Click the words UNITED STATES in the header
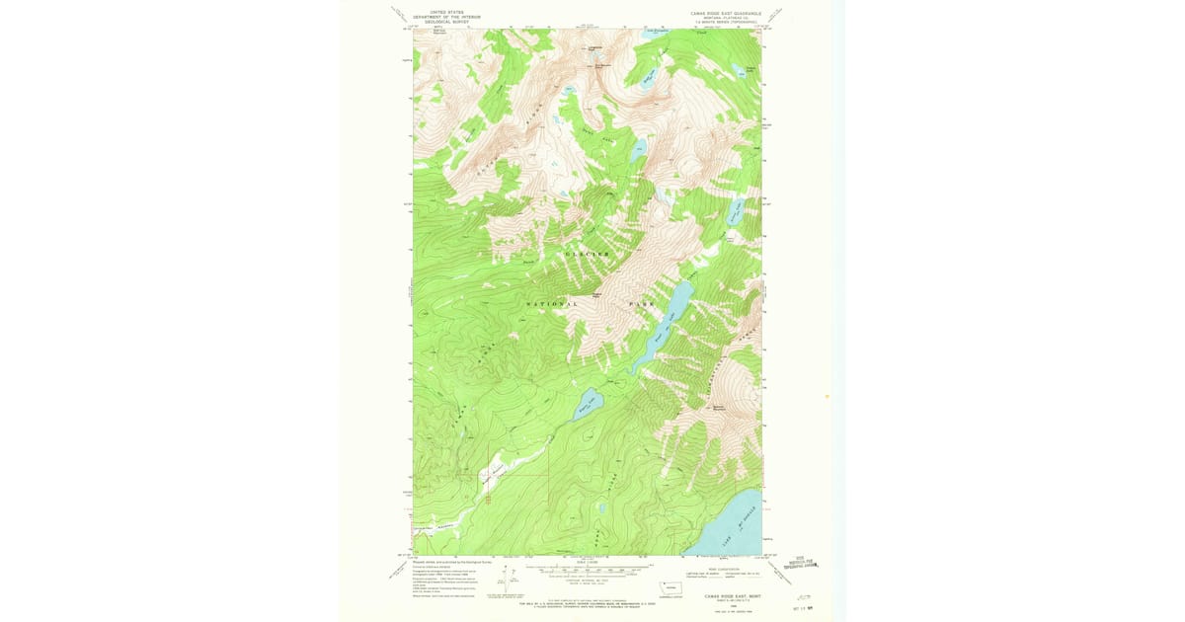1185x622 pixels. (x=439, y=12)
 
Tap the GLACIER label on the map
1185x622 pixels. (x=588, y=255)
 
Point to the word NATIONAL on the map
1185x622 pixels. (x=552, y=304)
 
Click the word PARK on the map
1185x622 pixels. (x=642, y=304)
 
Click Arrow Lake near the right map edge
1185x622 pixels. (x=736, y=210)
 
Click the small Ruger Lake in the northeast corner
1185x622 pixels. (x=737, y=70)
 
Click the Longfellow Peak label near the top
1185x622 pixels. (x=594, y=47)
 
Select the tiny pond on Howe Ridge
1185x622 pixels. (x=600, y=509)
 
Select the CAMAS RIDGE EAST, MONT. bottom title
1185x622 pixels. (x=732, y=595)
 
